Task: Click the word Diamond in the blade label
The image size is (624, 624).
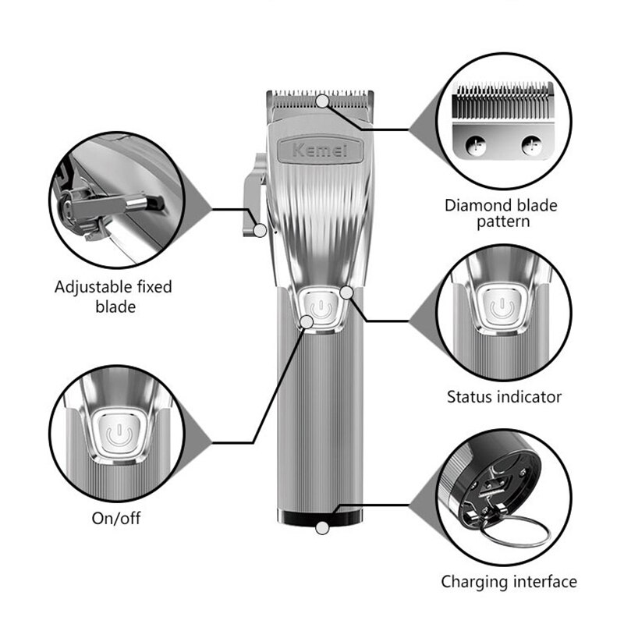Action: [x=477, y=206]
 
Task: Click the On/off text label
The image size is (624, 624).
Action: [x=118, y=518]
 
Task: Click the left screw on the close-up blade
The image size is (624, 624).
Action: [x=474, y=144]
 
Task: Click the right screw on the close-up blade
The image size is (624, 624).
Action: [x=532, y=144]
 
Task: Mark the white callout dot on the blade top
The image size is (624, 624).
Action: [x=322, y=100]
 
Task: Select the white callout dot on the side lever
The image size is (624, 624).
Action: [x=261, y=229]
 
